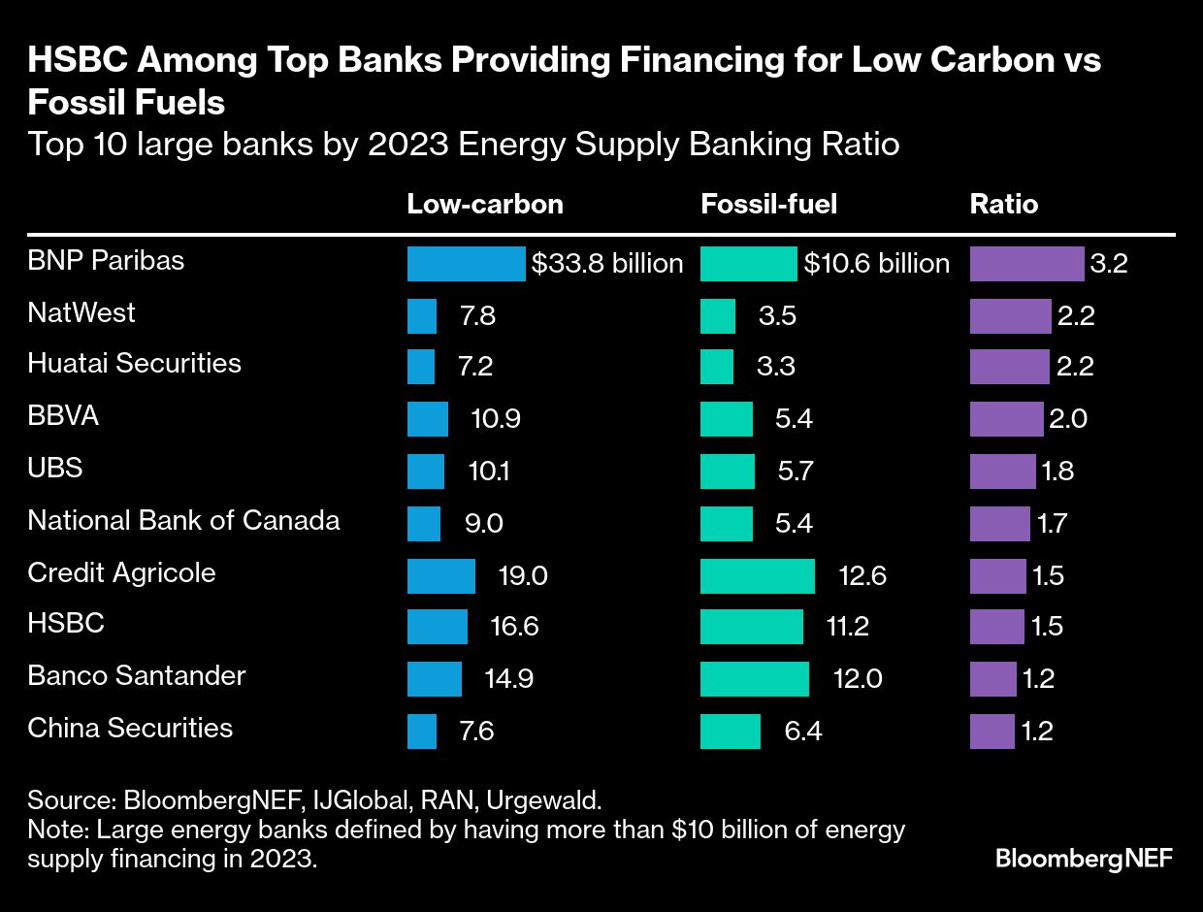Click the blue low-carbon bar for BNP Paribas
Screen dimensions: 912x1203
[x=466, y=264]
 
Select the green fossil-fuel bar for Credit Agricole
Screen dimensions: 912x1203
[x=757, y=575]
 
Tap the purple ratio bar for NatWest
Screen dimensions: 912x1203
[x=1010, y=316]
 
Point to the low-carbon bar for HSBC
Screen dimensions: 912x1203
[x=437, y=627]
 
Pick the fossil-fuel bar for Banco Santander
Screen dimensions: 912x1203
[x=754, y=678]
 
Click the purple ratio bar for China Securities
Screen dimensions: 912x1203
[x=992, y=731]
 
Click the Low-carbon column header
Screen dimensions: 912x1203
[x=484, y=205]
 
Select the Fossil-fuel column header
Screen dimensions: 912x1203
[x=768, y=205]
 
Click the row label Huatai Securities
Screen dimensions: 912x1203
[x=134, y=363]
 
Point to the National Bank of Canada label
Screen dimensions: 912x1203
[x=183, y=520]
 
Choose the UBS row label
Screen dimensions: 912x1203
[x=54, y=468]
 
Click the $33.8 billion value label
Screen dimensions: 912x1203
[x=607, y=264]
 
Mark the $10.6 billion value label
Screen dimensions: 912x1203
[x=876, y=264]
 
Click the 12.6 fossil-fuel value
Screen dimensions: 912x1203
[x=862, y=576]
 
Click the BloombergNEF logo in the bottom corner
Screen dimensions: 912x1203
[x=1084, y=858]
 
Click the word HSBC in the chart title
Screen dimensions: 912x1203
[x=75, y=61]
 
